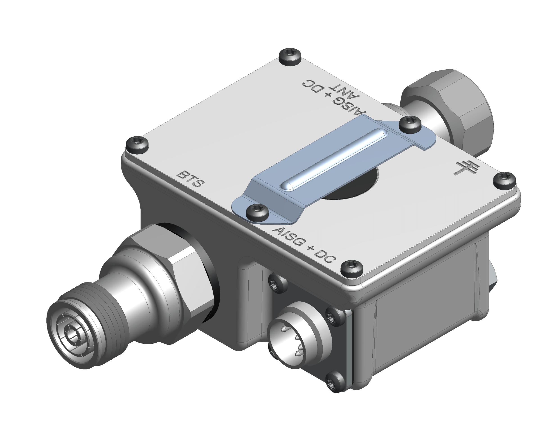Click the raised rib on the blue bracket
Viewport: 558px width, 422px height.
click(333, 159)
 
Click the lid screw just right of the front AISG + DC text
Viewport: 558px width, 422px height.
click(352, 268)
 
